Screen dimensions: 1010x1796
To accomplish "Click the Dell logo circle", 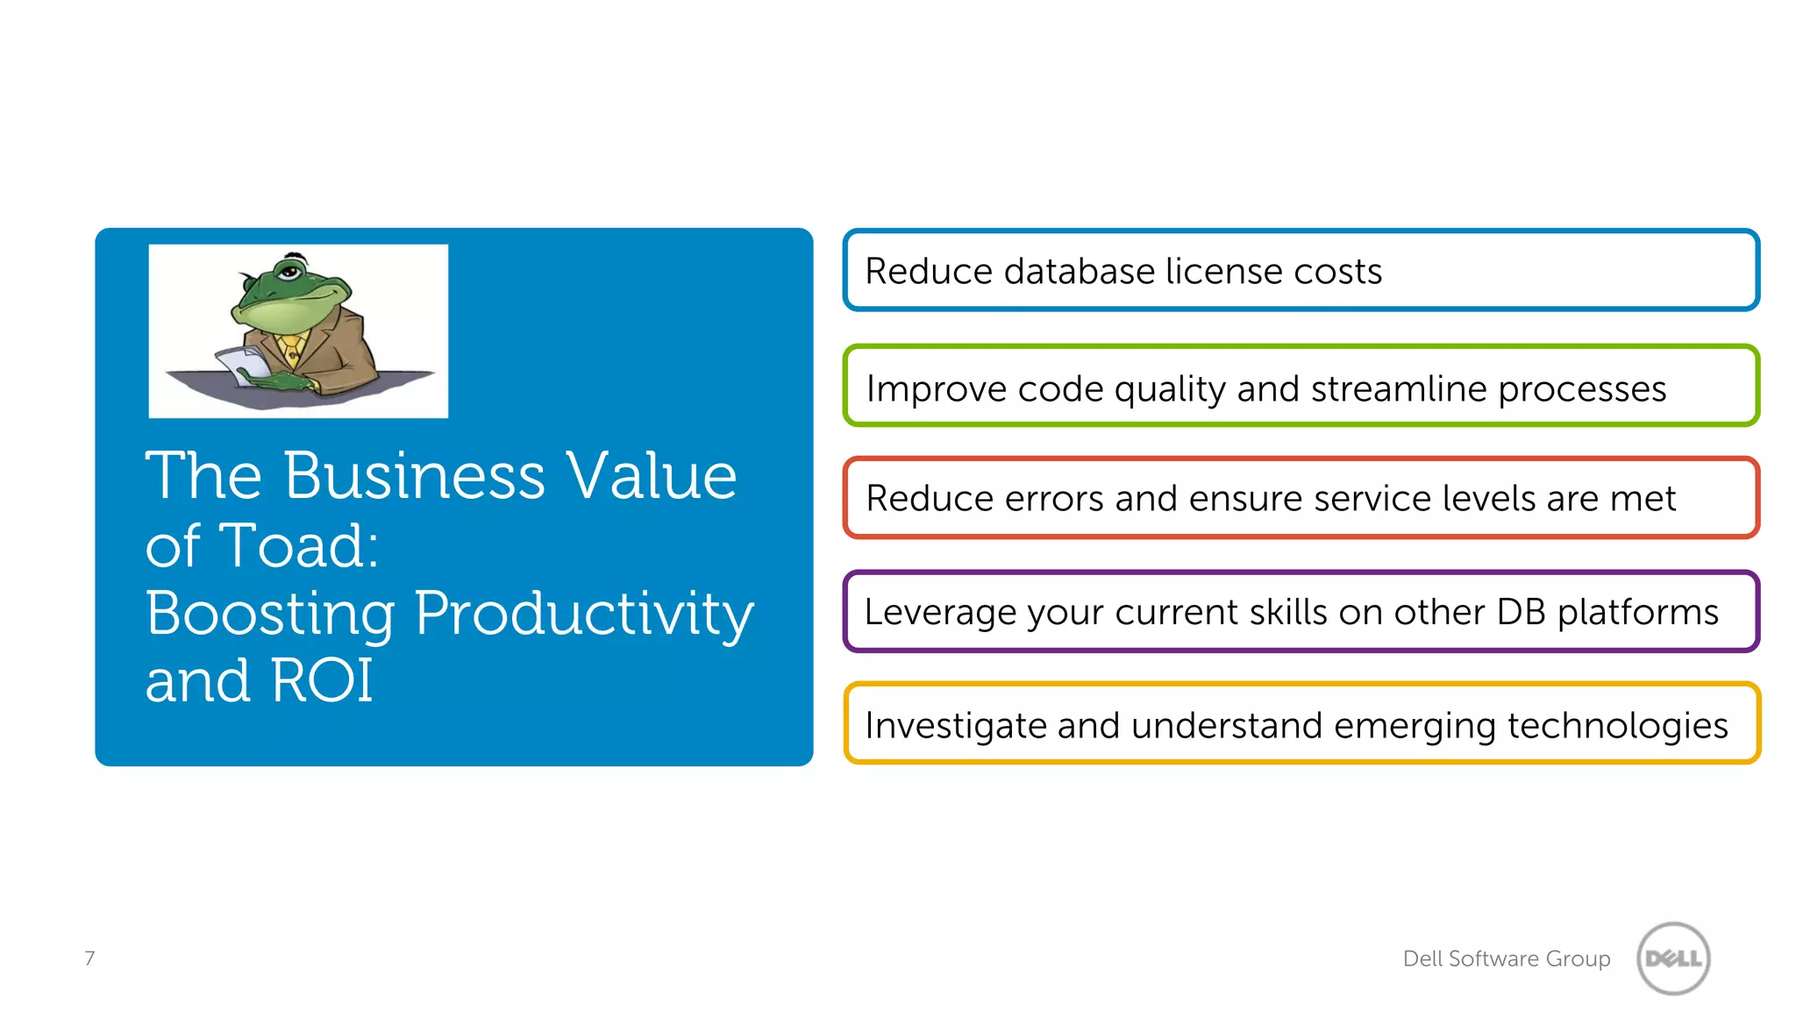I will [x=1673, y=958].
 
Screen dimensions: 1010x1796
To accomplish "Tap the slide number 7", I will [x=89, y=958].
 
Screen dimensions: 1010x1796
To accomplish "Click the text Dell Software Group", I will [x=1506, y=958].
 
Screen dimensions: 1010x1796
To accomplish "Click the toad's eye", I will [x=289, y=272].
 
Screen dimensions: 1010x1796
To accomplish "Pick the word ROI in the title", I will [x=322, y=680].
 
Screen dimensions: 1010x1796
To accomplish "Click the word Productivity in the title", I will [x=583, y=614].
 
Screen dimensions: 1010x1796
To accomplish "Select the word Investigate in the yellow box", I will [x=955, y=726].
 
